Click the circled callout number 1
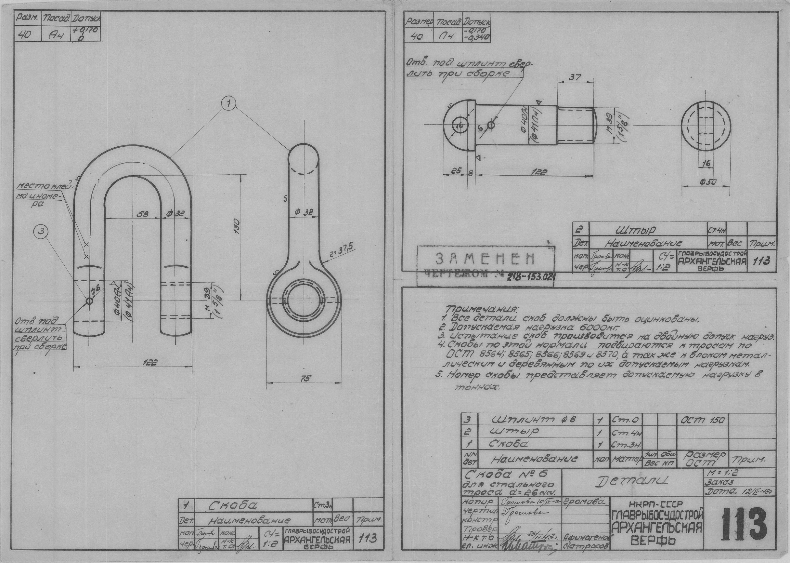pyautogui.click(x=228, y=103)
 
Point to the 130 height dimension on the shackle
pyautogui.click(x=237, y=226)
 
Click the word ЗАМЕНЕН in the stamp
pyautogui.click(x=486, y=260)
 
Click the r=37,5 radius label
pyautogui.click(x=342, y=248)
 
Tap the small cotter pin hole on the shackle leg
pyautogui.click(x=89, y=301)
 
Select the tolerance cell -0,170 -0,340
pyautogui.click(x=477, y=35)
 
